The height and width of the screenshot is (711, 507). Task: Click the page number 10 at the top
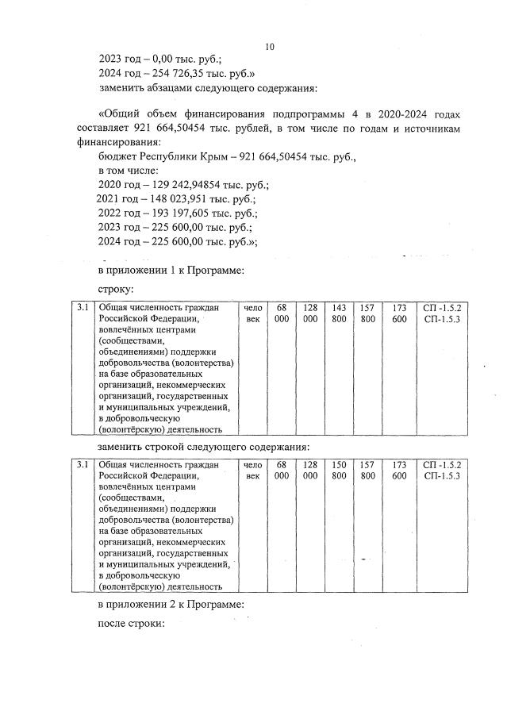pos(269,47)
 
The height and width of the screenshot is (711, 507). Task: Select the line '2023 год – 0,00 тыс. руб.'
pos(159,58)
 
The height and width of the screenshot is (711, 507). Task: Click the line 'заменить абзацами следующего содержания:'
pos(208,87)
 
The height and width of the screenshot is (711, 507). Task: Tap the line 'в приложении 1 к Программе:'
pos(170,271)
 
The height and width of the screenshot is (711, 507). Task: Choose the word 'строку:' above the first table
pos(116,291)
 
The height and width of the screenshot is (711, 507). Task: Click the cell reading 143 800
pos(339,313)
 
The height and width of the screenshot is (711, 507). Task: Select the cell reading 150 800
pos(339,470)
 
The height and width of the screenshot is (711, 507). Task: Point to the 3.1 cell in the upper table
pos(83,307)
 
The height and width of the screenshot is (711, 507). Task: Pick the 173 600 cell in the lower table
pos(399,470)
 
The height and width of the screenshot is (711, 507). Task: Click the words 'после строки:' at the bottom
pos(130,625)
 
